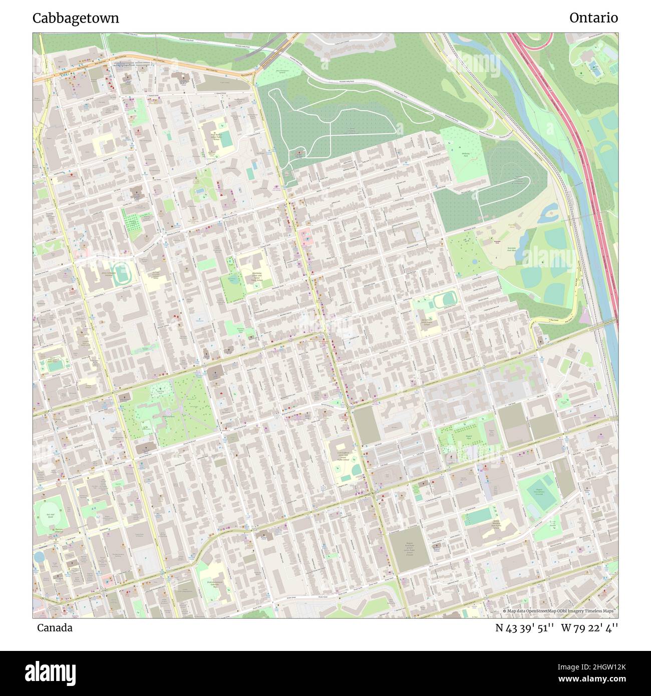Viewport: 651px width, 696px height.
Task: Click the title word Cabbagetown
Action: [76, 18]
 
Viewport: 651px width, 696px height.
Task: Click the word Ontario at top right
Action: [593, 18]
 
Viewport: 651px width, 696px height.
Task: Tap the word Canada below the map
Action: [54, 628]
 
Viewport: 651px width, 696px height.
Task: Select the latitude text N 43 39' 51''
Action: [524, 628]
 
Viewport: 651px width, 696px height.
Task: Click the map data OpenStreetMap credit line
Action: [559, 611]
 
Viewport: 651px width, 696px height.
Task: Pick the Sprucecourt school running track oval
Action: [445, 300]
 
